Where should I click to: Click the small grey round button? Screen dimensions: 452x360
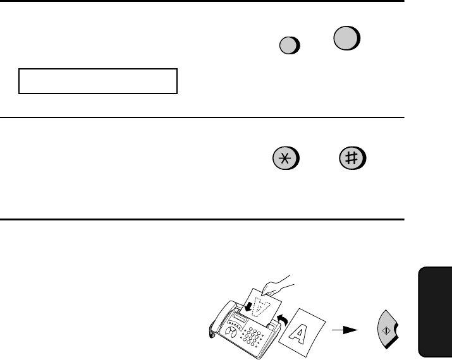click(290, 45)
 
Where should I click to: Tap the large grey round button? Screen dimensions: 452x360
click(347, 38)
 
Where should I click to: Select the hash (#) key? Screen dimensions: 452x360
click(353, 158)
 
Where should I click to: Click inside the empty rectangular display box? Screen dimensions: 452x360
click(98, 81)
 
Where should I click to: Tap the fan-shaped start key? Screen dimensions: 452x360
click(387, 330)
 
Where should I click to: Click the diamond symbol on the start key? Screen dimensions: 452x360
click(386, 331)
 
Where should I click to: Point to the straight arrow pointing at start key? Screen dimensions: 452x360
click(345, 330)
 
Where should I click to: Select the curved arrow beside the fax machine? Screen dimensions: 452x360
click(282, 320)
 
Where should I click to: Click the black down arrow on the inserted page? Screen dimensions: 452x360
click(248, 307)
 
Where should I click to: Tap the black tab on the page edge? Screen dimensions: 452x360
click(435, 312)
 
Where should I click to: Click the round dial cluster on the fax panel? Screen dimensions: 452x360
click(230, 332)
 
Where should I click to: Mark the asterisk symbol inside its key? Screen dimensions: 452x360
click(284, 159)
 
